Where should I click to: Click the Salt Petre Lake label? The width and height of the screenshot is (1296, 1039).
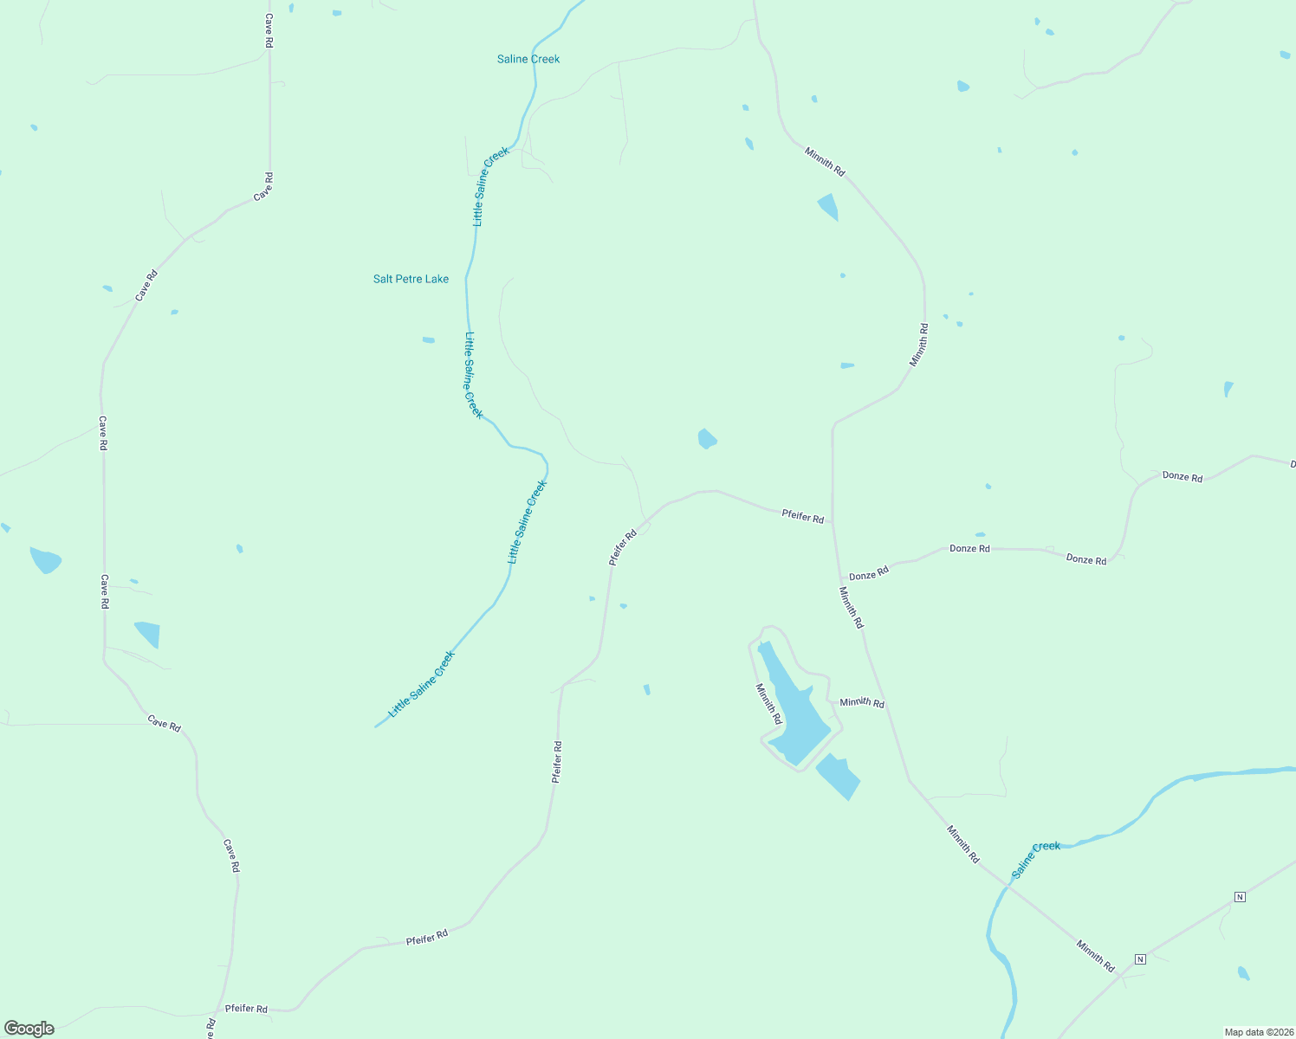coord(411,279)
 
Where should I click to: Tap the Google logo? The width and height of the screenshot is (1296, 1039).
coord(29,1029)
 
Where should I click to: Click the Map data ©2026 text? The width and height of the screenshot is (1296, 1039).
coord(1258,1032)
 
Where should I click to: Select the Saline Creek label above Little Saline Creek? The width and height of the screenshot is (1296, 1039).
coord(528,59)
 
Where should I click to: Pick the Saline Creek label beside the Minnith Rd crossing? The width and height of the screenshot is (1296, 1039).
coord(1035,859)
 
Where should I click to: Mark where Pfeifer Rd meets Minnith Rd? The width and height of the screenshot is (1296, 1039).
coord(833,523)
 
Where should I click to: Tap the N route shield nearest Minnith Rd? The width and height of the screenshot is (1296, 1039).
coord(1140,958)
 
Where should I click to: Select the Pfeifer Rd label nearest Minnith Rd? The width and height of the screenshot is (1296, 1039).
coord(802,516)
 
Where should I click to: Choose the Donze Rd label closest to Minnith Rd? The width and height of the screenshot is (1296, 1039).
coord(869,574)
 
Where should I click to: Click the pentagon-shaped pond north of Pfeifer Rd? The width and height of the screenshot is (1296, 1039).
coord(707,439)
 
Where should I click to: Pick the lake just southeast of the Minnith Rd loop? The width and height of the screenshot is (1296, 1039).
coord(838,776)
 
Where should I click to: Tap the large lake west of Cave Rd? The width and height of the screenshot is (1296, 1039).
coord(45,560)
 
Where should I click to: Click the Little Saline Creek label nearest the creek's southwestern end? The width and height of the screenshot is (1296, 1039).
coord(421,684)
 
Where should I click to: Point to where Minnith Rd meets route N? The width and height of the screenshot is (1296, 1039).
coord(1123,973)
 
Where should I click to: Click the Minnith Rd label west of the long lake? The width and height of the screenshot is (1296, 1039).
coord(768,704)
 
